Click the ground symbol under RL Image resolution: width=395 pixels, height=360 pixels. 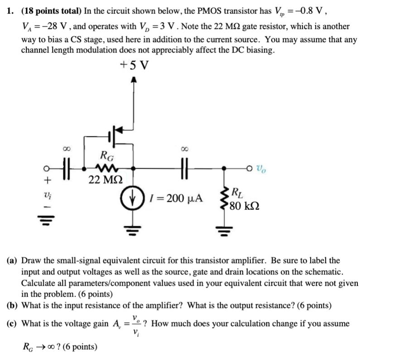tap(225, 233)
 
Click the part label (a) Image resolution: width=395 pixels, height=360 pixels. tap(12, 261)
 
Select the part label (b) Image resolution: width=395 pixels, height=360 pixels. tap(13, 305)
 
